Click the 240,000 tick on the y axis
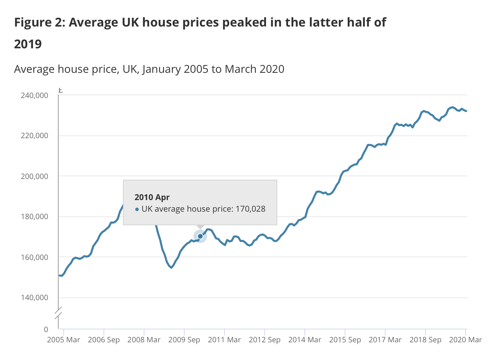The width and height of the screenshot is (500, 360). point(34,96)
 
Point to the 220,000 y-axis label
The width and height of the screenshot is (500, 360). point(34,136)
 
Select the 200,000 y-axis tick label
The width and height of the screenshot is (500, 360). point(34,176)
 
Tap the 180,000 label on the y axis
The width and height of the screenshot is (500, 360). point(34,217)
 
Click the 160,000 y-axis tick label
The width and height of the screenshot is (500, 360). point(34,257)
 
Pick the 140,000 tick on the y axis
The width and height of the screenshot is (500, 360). point(34,298)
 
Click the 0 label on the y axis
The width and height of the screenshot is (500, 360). point(46,329)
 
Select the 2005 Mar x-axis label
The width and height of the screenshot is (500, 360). point(64,340)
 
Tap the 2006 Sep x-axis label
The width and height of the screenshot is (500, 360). point(104,340)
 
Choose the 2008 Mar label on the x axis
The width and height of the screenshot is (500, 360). point(144,340)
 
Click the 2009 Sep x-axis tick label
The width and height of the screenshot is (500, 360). point(184,340)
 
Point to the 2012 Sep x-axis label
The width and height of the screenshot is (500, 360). point(265,340)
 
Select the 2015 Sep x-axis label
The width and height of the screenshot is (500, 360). point(345,340)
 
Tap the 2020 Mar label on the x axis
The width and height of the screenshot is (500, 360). point(465,340)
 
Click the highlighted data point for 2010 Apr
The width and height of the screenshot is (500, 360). point(200,236)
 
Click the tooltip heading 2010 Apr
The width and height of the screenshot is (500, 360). point(152,197)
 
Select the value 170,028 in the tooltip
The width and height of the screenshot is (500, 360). point(250,209)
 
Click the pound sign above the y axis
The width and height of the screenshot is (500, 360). point(60,90)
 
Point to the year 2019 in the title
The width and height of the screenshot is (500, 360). point(28,44)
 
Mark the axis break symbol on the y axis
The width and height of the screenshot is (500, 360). point(59,313)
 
